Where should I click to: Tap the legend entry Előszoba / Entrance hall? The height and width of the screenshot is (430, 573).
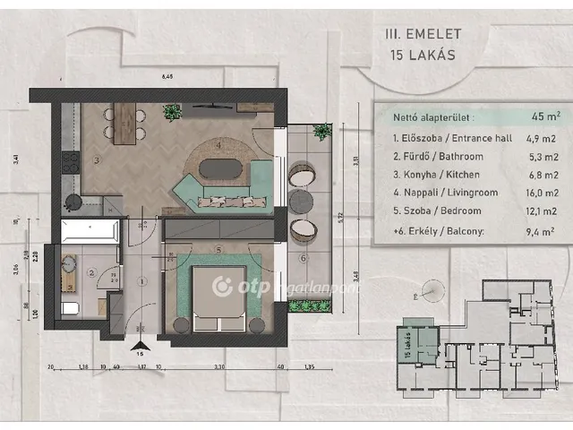pyautogui.click(x=447, y=138)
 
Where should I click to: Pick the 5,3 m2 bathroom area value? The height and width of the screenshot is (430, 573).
pyautogui.click(x=541, y=157)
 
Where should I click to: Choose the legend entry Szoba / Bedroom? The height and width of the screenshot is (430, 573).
pyautogui.click(x=436, y=211)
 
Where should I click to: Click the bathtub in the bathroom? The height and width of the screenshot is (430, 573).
pyautogui.click(x=89, y=232)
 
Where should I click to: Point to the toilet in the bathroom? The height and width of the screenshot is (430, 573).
pyautogui.click(x=70, y=309)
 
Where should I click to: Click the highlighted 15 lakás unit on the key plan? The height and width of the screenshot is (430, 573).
pyautogui.click(x=415, y=344)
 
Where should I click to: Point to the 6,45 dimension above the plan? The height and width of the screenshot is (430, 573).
pyautogui.click(x=167, y=77)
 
